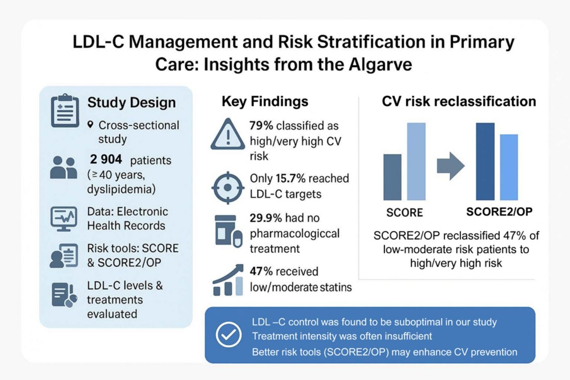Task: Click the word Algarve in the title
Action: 380,65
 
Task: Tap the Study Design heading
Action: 132,103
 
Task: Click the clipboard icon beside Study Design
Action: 65,110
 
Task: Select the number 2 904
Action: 106,159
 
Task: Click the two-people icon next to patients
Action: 63,168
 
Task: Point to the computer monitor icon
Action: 64,219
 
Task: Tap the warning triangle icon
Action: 228,134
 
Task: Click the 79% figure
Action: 261,125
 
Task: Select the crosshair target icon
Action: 228,188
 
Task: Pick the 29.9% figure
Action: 266,218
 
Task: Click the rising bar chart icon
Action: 228,280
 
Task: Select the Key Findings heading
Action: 265,101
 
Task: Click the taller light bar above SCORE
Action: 416,162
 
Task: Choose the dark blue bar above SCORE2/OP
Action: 485,162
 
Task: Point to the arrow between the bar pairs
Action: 451,166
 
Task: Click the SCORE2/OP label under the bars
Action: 499,212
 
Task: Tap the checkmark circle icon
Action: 228,335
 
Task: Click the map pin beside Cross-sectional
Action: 90,125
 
